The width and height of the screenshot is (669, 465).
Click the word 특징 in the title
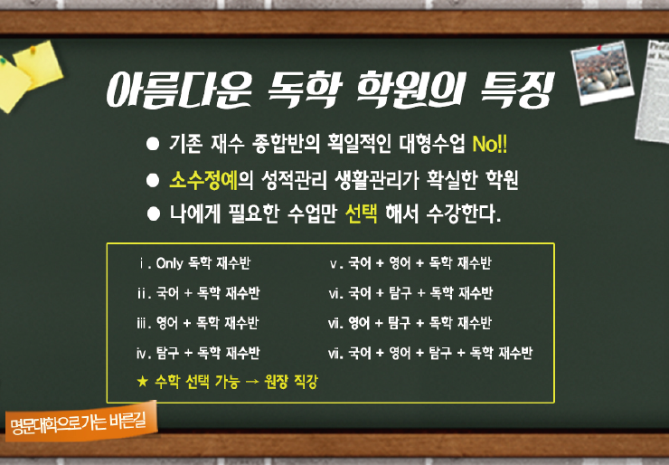[517, 90]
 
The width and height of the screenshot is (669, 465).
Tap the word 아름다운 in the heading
[179, 90]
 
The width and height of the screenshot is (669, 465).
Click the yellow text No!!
[490, 145]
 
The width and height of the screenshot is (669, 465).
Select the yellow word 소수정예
[203, 180]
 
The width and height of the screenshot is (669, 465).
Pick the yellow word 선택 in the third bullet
[362, 214]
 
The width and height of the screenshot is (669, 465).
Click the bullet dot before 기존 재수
[153, 144]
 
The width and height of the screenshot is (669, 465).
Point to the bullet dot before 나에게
[153, 214]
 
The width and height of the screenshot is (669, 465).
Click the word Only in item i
[169, 263]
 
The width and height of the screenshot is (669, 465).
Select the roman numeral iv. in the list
[144, 354]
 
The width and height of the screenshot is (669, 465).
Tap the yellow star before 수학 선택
[143, 381]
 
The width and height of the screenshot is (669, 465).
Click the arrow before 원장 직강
[252, 382]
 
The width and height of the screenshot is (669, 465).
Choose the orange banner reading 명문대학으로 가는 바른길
[81, 421]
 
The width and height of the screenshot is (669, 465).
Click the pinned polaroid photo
[602, 72]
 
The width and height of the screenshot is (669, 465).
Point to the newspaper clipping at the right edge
[653, 91]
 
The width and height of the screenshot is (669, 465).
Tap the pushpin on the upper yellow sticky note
[33, 51]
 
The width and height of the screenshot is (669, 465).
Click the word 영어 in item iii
[167, 323]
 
